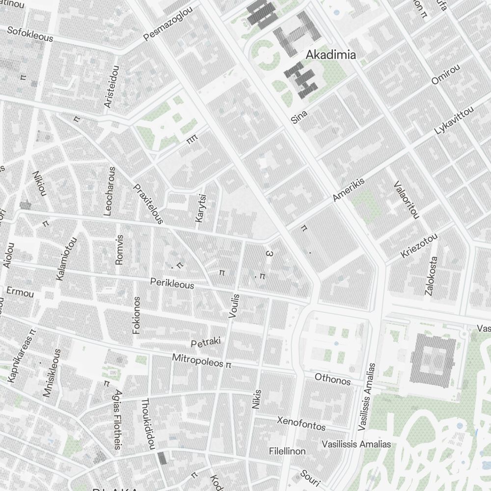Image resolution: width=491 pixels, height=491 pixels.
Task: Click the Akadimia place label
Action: tap(330, 55)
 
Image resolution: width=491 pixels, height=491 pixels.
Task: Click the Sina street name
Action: tap(299, 116)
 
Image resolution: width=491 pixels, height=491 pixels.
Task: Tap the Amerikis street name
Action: tap(349, 190)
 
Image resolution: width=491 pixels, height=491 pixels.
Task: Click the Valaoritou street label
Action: tap(407, 199)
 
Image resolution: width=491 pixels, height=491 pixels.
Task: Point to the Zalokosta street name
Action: tap(431, 275)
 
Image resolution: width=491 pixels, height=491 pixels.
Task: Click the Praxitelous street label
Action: tap(148, 204)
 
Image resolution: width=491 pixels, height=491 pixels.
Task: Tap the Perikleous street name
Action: tap(172, 283)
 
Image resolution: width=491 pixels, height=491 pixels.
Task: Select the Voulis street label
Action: tap(234, 306)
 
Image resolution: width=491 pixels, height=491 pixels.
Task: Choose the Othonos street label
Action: tap(333, 379)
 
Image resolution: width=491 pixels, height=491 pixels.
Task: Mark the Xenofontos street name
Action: tap(301, 423)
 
